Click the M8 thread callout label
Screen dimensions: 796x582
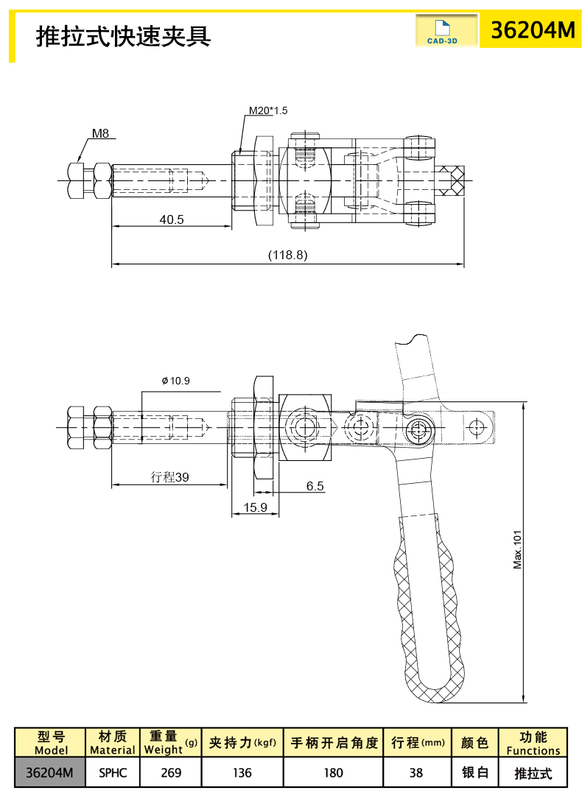click(100, 134)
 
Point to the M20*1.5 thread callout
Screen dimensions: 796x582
click(267, 110)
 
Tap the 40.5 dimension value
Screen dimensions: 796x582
click(171, 219)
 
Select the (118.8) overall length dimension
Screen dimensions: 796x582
click(287, 255)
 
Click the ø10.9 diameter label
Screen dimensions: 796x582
click(175, 381)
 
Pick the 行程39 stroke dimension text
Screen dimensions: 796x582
click(169, 477)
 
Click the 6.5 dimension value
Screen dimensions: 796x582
click(315, 486)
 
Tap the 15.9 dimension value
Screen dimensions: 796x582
click(255, 507)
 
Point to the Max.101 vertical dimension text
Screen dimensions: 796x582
click(517, 549)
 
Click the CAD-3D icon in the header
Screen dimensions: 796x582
click(442, 32)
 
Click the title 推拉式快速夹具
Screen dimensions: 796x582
click(124, 35)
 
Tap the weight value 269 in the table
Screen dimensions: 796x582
click(170, 772)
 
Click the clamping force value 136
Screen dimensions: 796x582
click(242, 772)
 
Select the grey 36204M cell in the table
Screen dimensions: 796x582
click(49, 772)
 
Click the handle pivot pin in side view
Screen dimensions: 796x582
click(421, 428)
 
